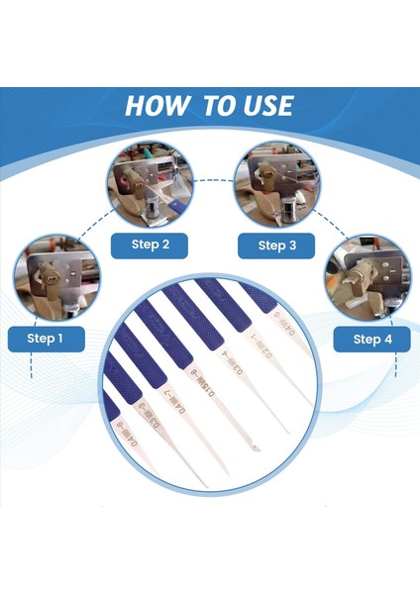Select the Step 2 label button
151,245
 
